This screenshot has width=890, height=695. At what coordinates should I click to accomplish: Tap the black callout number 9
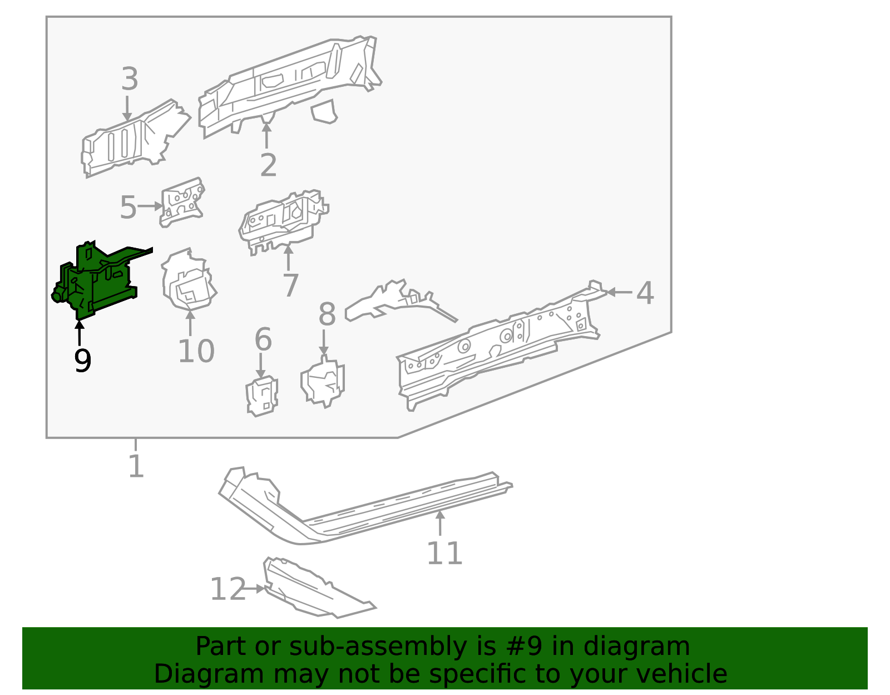82,361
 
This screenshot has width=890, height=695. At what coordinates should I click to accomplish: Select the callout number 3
129,79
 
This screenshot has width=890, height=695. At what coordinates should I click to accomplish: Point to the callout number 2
268,165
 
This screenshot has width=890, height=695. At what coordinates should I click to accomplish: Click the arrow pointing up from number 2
267,135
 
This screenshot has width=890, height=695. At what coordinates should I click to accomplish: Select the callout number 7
290,285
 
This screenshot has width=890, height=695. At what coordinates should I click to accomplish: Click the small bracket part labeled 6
262,396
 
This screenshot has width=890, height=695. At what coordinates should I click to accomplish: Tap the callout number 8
327,314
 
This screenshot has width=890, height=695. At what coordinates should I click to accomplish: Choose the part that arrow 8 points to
324,383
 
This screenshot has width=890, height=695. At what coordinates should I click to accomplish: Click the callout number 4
644,293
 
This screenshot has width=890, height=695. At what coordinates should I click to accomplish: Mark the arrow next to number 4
619,292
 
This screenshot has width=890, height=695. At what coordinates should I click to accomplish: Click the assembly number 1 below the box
136,466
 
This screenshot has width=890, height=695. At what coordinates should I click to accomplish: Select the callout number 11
444,554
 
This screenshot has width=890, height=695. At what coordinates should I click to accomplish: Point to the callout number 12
227,589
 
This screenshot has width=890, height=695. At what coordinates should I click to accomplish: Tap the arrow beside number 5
150,206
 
